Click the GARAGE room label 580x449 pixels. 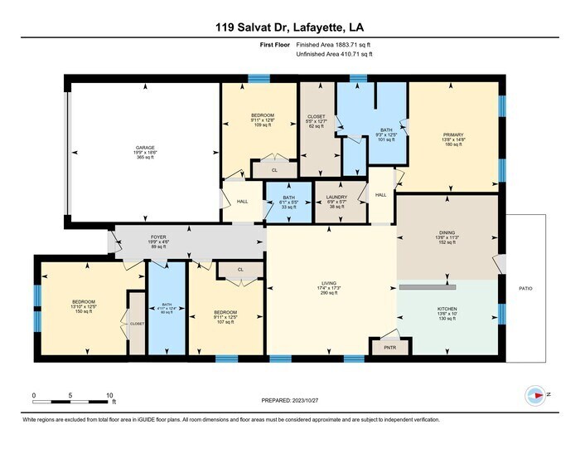123,148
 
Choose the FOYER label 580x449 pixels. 158,237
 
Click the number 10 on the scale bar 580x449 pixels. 109,394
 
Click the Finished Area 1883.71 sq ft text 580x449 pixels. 334,45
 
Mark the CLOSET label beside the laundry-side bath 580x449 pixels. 317,116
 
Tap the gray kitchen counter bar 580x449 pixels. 427,287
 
